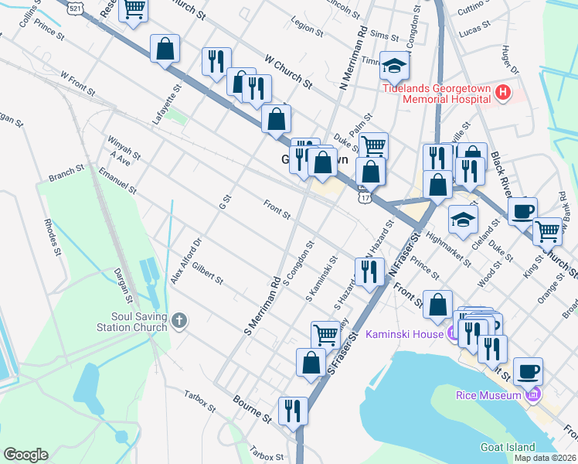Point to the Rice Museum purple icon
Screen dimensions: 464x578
[x=532, y=395]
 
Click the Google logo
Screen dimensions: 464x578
[x=25, y=455]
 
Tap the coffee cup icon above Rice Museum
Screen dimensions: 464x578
[x=528, y=370]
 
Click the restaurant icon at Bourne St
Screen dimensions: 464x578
[x=293, y=410]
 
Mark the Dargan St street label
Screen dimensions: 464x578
[x=124, y=285]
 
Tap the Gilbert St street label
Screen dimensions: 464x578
[x=208, y=271]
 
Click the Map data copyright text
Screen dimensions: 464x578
[x=546, y=457]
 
